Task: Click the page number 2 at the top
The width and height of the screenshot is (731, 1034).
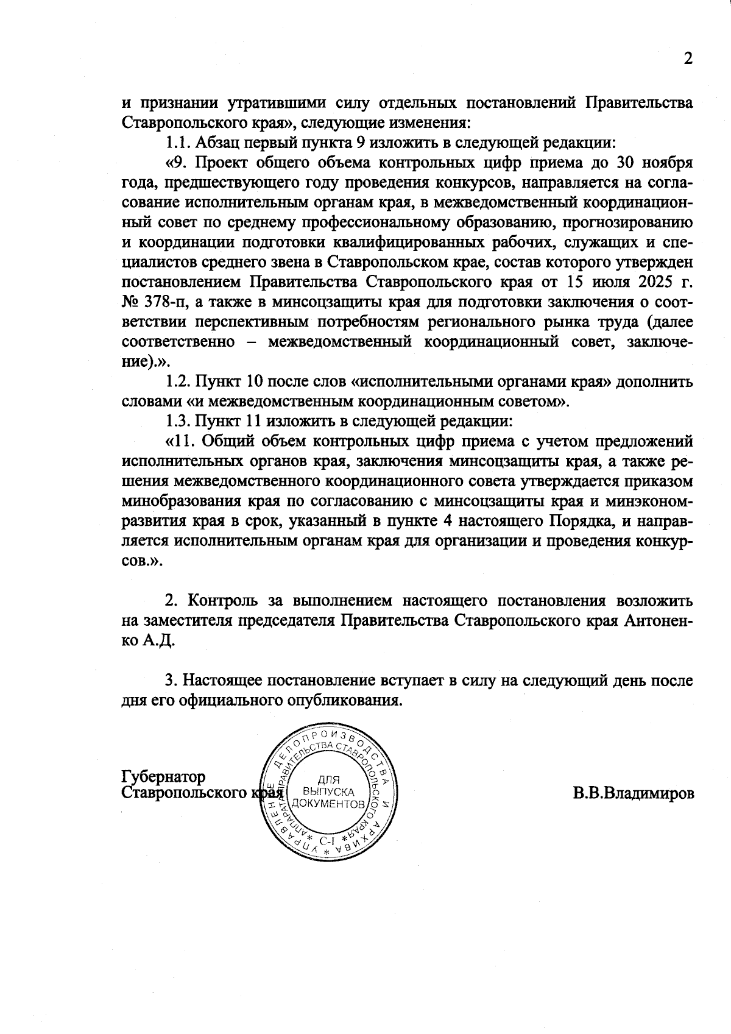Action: point(688,58)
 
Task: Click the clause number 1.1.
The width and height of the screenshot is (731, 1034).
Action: point(178,143)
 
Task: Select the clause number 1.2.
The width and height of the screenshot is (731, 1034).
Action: point(178,381)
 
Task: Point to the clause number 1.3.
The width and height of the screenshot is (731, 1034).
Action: point(178,421)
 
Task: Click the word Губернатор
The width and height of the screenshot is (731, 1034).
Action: point(163,777)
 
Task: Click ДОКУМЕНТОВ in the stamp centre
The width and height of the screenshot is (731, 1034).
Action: point(329,804)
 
